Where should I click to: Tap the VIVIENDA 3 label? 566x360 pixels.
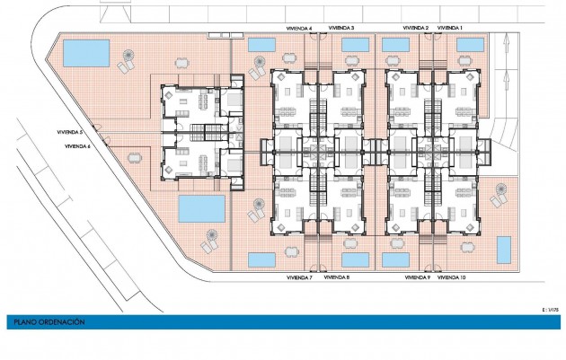pos(340,29)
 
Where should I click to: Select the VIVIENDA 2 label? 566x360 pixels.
pos(416,29)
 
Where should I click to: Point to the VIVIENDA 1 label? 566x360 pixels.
pos(450,29)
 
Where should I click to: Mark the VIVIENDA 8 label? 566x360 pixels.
pos(336,278)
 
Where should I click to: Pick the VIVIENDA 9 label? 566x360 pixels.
pos(417,278)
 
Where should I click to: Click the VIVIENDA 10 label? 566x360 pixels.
pos(452,278)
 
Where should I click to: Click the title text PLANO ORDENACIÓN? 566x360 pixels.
pos(49,320)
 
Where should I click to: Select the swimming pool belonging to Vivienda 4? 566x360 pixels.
pos(261,44)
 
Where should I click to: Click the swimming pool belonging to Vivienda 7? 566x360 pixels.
pos(261,259)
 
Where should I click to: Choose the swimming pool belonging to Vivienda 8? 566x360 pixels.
pos(355,259)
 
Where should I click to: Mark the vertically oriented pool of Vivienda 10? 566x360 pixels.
pos(504,250)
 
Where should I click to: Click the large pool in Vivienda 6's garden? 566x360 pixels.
pos(201,209)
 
